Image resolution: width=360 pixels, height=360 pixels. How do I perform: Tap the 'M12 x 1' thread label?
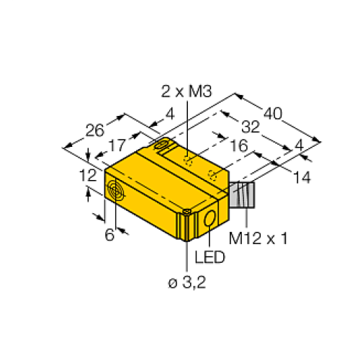point(258,238)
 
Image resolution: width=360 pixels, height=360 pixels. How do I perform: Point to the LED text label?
point(208,256)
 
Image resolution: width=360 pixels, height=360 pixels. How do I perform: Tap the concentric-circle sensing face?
point(114,191)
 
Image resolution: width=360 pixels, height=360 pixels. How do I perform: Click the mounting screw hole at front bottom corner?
point(186,211)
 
